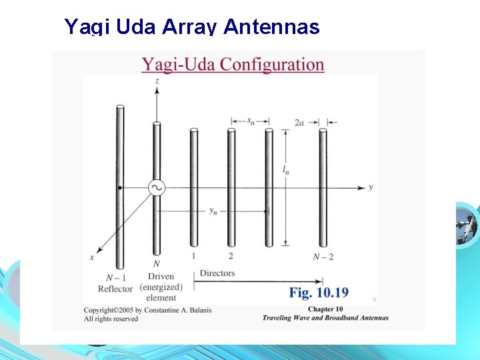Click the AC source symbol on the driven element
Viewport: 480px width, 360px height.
point(157,188)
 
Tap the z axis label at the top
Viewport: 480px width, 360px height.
point(157,81)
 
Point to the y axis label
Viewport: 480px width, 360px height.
point(371,187)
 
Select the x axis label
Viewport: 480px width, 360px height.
point(91,257)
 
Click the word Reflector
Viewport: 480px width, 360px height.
point(115,288)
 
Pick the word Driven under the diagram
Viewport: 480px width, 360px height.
point(161,276)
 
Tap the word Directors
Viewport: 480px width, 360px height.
point(217,273)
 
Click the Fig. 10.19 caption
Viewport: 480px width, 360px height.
point(319,292)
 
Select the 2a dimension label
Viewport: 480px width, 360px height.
point(300,122)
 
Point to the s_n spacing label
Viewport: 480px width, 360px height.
point(249,121)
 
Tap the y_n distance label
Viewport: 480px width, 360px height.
point(213,211)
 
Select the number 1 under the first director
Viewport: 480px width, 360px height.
point(193,255)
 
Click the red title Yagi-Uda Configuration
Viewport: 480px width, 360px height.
point(233,65)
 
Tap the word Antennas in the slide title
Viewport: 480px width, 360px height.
point(272,27)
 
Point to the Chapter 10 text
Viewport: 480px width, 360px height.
point(325,309)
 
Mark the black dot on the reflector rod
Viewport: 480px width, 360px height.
point(120,188)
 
